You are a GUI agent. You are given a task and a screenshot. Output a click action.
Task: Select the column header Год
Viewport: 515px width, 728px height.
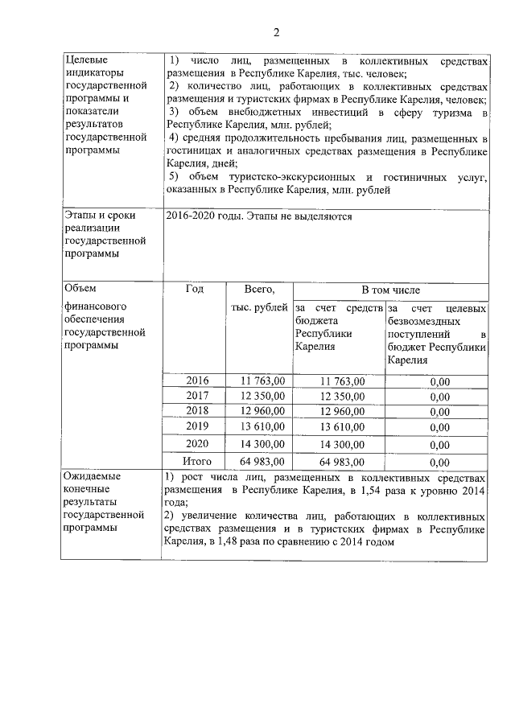point(194,290)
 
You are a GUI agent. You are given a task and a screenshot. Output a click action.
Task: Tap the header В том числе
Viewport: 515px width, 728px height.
point(390,290)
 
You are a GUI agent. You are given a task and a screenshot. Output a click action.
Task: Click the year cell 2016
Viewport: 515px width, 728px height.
point(197,380)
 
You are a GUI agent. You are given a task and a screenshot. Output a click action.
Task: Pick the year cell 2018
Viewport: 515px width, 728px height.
point(197,410)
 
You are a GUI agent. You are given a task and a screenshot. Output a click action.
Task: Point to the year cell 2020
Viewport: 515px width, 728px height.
point(197,443)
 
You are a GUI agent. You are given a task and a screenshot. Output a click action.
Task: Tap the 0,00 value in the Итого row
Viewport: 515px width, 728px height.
point(439,463)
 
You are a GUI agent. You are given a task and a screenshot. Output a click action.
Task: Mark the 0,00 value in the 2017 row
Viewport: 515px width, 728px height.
point(439,397)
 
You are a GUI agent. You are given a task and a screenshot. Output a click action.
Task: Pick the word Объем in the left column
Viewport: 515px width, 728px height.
point(80,290)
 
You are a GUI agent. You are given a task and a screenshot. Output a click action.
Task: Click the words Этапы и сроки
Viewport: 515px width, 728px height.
point(100,216)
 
